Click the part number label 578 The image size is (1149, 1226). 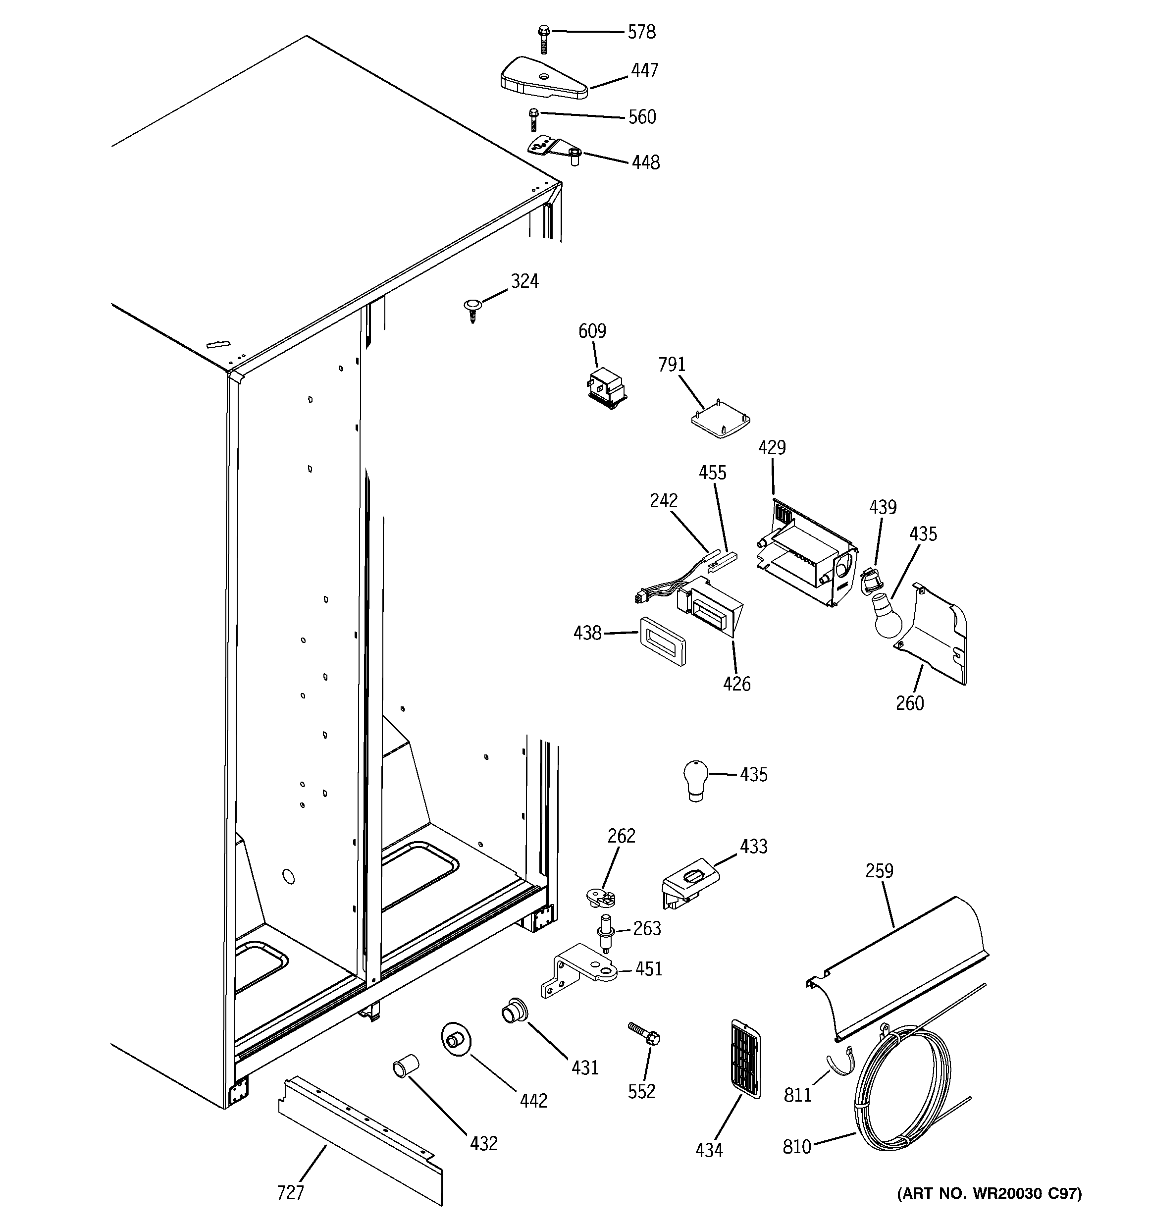click(x=641, y=32)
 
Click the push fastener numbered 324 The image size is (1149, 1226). click(x=472, y=308)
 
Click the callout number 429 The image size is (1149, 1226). click(x=772, y=447)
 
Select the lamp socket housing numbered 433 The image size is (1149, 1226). click(x=688, y=884)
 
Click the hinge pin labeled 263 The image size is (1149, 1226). click(x=605, y=932)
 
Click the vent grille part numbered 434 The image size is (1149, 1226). click(x=745, y=1058)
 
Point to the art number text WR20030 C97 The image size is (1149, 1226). click(x=989, y=1210)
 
